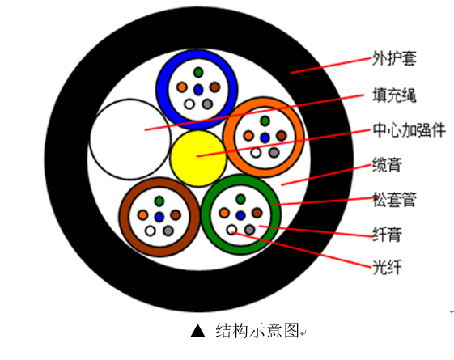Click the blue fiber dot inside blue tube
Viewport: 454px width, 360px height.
(198, 87)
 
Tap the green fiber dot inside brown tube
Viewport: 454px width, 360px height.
(159, 200)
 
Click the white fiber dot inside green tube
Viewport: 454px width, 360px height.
(231, 231)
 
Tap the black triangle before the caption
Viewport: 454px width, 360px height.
(197, 331)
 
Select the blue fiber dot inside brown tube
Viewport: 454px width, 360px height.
(159, 216)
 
